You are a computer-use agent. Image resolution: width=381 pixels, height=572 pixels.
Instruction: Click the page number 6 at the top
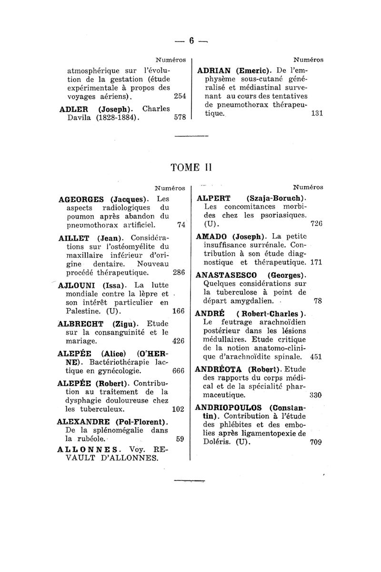click(x=191, y=41)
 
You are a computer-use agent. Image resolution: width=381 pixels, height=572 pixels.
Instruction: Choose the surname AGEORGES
click(x=81, y=199)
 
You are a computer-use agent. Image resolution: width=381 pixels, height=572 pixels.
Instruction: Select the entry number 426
click(x=179, y=341)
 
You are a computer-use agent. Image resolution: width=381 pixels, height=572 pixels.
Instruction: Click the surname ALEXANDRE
click(x=84, y=422)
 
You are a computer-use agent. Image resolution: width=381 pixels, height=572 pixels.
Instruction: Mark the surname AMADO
click(x=212, y=236)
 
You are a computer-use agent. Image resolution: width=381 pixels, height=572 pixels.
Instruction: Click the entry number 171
click(x=317, y=263)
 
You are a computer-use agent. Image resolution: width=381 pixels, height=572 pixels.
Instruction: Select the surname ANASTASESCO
click(x=227, y=276)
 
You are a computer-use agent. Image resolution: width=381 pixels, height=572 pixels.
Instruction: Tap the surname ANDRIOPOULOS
click(x=230, y=408)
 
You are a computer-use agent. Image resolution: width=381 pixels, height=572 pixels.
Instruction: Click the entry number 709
click(x=316, y=442)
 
